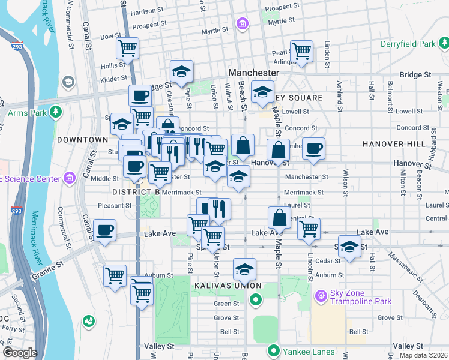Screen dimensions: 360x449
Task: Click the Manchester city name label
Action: (253, 72)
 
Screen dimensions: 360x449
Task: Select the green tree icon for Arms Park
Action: (56, 112)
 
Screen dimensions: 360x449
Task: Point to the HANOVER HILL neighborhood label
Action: (393, 144)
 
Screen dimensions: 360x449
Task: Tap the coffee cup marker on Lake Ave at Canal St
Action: (105, 230)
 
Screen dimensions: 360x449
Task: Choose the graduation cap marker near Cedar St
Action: (349, 246)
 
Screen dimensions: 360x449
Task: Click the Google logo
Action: (19, 353)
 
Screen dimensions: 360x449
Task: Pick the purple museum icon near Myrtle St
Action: (242, 24)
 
